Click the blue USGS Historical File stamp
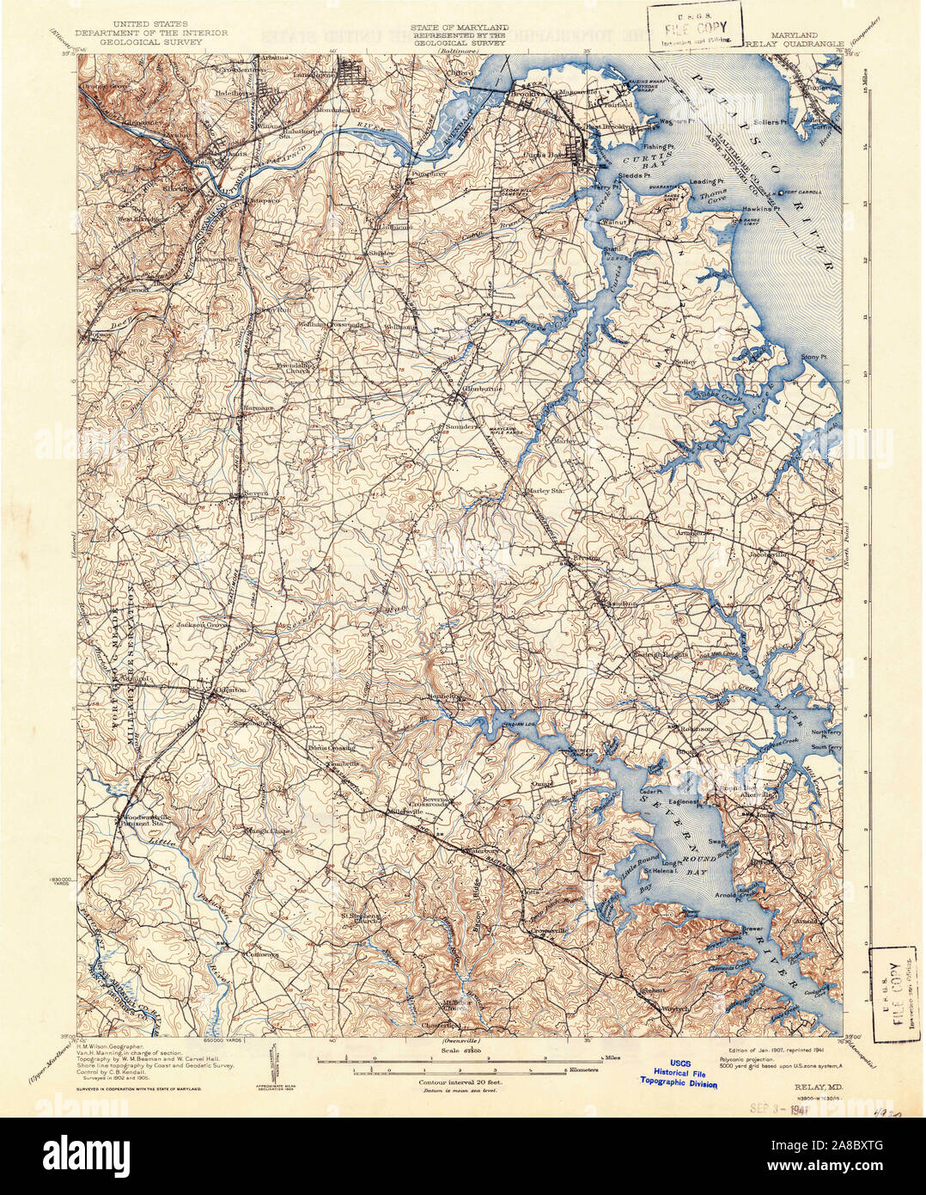pos(678,1075)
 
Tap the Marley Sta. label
pos(544,492)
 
